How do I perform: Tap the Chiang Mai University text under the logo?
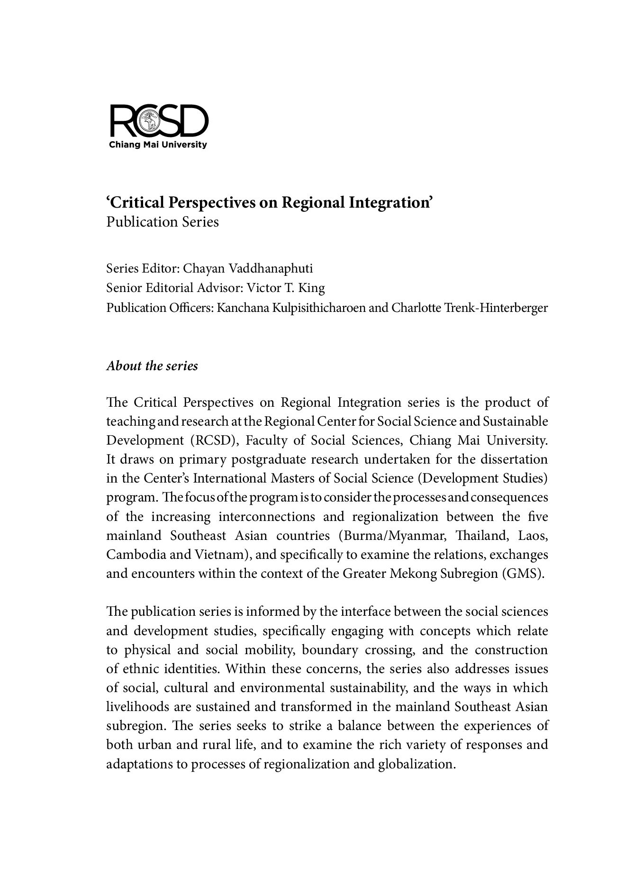click(x=158, y=145)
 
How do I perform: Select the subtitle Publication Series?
click(x=163, y=222)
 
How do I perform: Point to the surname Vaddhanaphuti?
click(x=271, y=269)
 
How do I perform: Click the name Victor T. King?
click(x=286, y=288)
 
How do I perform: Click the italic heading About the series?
click(x=152, y=366)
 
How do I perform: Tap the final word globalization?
click(x=417, y=764)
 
